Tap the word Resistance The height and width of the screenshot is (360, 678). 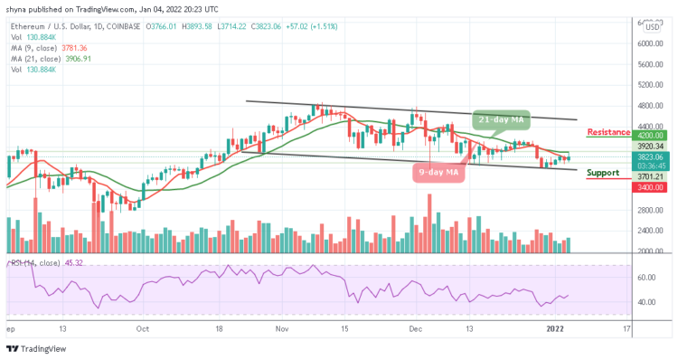607,132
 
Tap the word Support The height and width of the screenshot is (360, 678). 602,172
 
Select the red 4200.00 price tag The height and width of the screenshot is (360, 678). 650,135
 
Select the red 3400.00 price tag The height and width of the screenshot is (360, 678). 650,187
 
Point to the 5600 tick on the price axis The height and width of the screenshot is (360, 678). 650,64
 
